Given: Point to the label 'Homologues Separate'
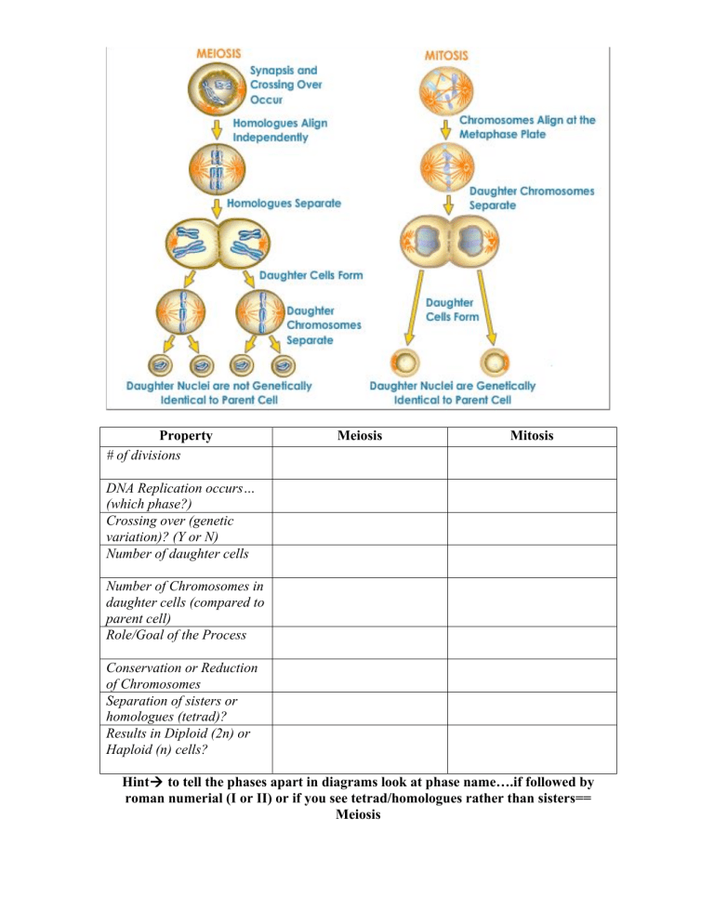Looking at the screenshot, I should coord(283,202).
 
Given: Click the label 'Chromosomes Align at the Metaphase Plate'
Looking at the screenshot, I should coord(527,126).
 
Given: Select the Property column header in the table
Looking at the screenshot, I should coord(185,435).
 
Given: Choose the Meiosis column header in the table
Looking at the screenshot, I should coord(359,435).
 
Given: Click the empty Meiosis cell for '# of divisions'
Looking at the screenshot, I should coord(359,462).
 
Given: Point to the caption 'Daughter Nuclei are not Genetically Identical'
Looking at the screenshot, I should coord(219,392).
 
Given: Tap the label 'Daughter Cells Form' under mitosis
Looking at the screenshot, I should coord(453,310).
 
